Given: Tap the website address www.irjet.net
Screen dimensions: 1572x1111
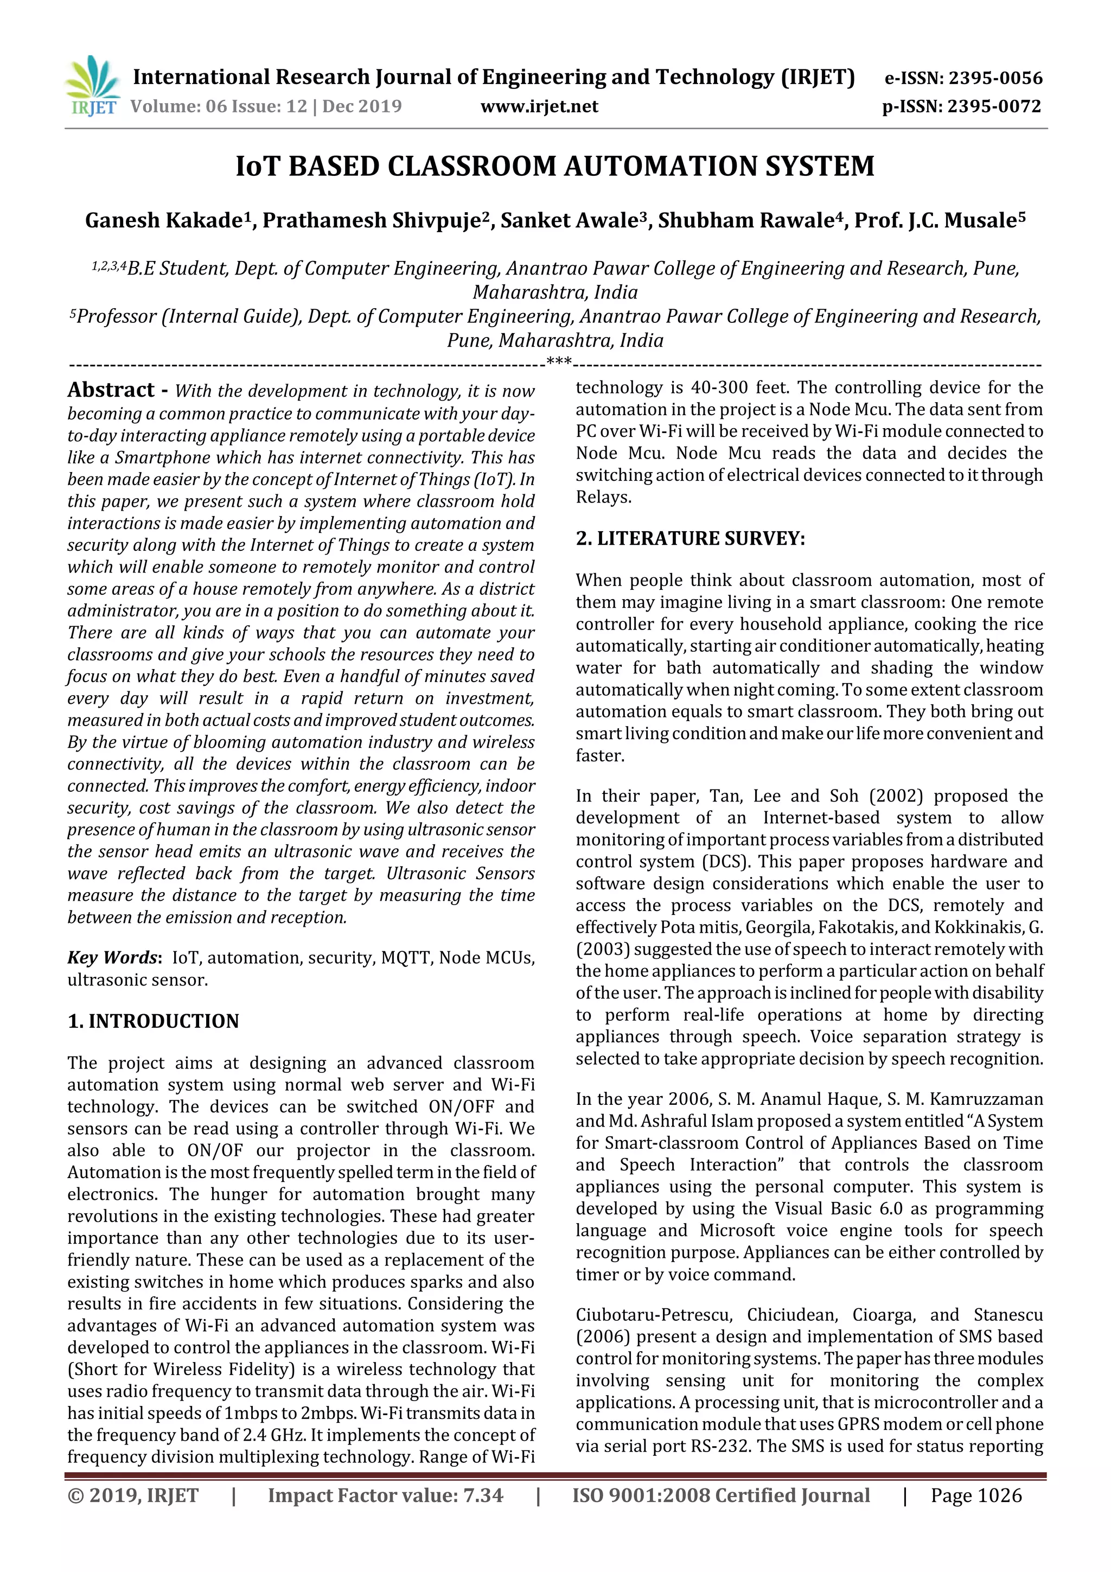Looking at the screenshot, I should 539,106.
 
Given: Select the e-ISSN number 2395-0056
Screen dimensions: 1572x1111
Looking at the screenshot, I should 994,78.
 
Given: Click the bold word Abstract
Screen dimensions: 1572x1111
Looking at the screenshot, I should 111,390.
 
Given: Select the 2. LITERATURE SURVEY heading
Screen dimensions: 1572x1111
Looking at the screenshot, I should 690,538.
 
